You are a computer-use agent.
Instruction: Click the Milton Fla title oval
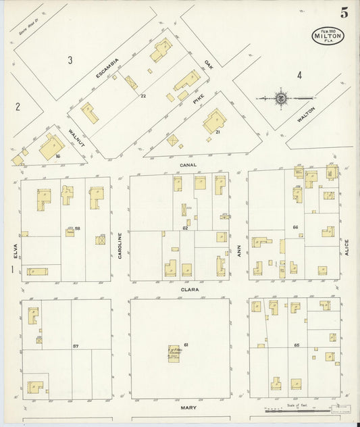pos(328,36)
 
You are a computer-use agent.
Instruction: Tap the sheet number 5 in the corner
pos(344,13)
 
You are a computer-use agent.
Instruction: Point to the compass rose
pos(280,98)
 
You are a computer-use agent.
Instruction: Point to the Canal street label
pos(187,164)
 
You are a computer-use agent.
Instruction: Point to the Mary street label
pos(187,408)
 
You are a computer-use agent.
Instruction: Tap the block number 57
pos(76,347)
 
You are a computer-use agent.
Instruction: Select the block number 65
pos(297,345)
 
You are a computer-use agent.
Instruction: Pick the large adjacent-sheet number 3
pos(70,60)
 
